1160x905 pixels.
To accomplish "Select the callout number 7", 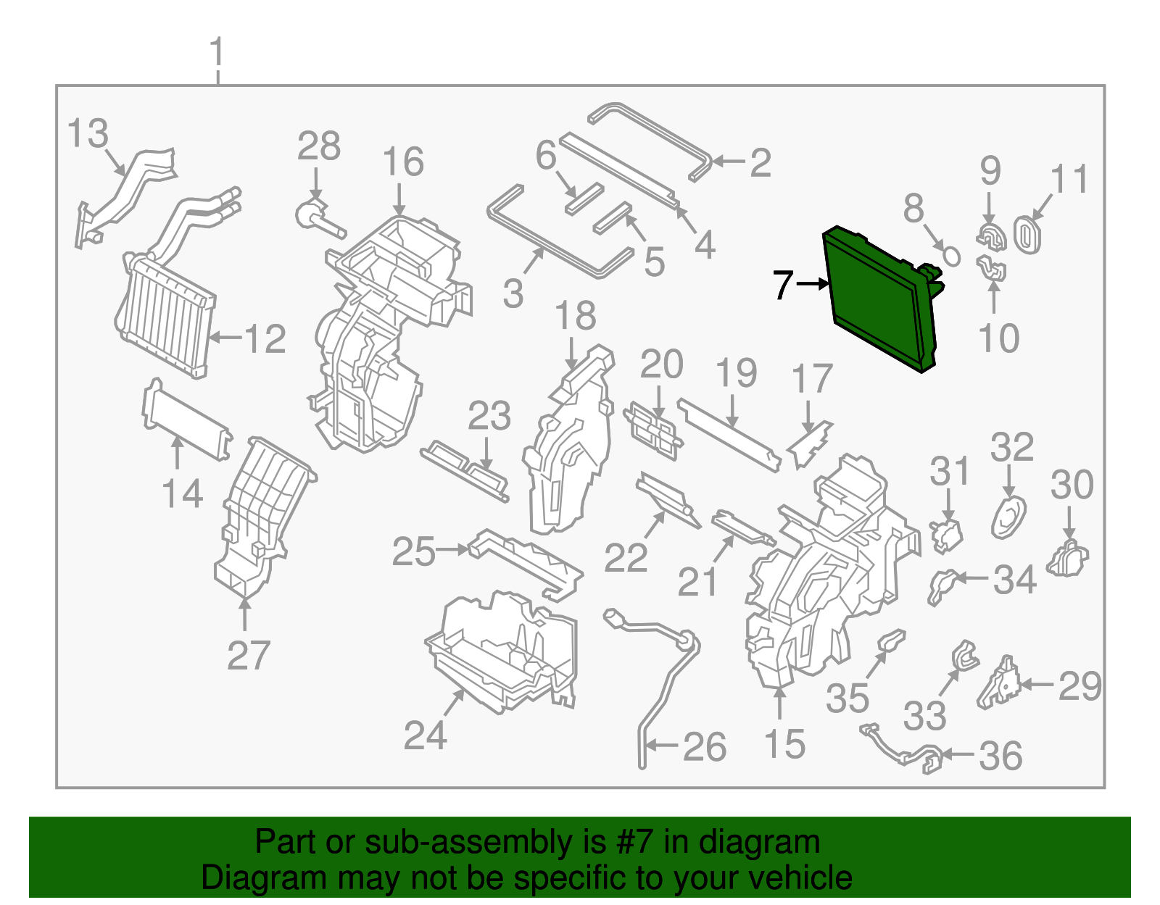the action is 782,285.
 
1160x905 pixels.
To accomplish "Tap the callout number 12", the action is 265,338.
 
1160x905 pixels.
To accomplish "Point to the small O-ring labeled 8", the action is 951,256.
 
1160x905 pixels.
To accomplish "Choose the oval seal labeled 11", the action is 1027,233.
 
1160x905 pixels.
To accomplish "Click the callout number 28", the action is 319,146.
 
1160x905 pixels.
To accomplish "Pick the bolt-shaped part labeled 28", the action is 319,217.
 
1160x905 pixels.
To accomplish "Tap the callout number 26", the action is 704,747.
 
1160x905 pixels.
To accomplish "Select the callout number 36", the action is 1000,756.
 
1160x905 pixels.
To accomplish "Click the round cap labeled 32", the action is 1008,517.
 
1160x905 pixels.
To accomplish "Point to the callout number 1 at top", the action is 217,53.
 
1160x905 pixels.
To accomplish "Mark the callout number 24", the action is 425,735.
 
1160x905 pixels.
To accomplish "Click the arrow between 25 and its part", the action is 454,551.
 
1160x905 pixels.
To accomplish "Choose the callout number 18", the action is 576,316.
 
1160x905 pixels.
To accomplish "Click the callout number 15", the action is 784,744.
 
